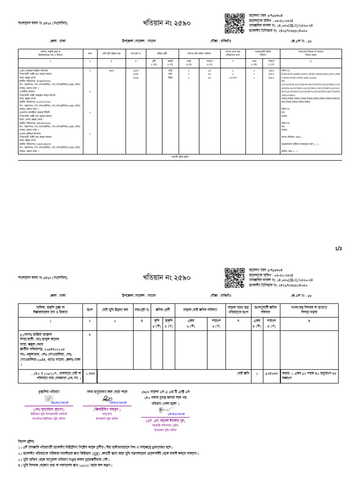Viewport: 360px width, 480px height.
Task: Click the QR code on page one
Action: coord(233,22)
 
